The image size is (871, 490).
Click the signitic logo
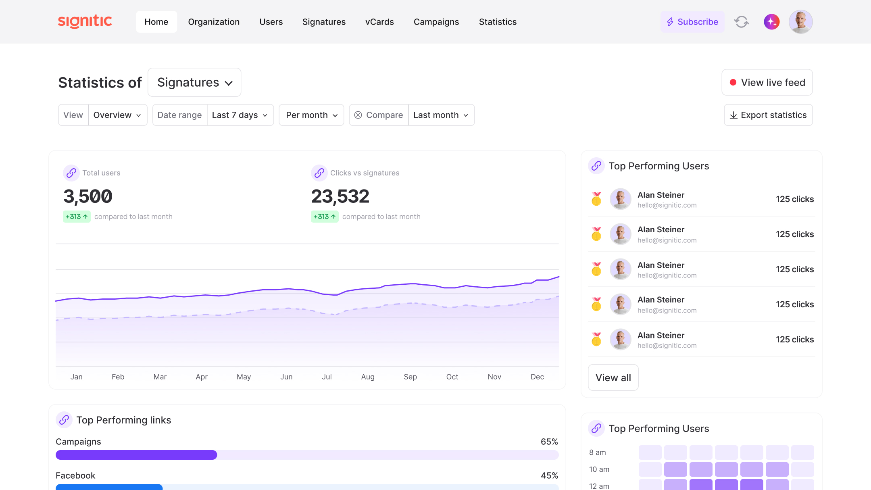(x=85, y=21)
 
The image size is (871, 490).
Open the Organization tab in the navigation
(x=214, y=22)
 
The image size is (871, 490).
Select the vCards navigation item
(x=379, y=22)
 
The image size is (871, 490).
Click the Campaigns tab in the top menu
(x=436, y=22)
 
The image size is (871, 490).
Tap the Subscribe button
(x=692, y=22)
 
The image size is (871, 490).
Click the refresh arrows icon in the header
(x=742, y=22)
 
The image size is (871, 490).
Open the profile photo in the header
(x=800, y=22)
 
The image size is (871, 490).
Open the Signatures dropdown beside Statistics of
(x=194, y=82)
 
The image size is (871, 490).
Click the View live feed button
(x=767, y=82)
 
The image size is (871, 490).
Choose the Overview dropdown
(x=117, y=115)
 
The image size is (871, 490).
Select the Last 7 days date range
(x=240, y=115)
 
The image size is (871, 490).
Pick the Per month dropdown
(x=311, y=115)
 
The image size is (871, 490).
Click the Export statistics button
(x=768, y=115)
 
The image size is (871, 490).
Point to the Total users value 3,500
(x=88, y=196)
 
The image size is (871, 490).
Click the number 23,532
(x=340, y=196)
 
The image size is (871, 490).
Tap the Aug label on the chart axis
(x=368, y=377)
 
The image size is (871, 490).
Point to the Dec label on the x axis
(x=537, y=377)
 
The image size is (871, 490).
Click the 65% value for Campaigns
(x=549, y=442)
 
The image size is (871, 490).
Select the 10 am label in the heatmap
(x=599, y=469)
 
